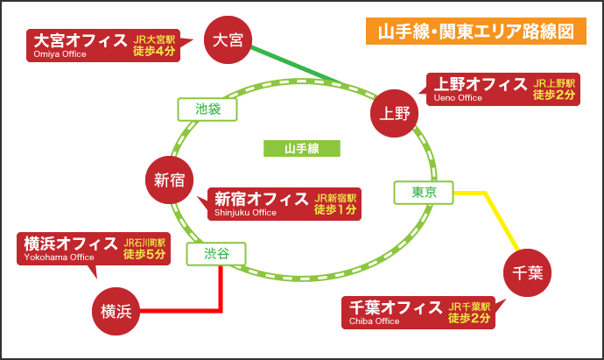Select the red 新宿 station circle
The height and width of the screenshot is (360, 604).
(x=169, y=179)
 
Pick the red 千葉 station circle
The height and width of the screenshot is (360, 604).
(x=528, y=273)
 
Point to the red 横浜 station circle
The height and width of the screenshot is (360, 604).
(x=116, y=310)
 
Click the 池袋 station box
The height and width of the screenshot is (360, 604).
(x=208, y=109)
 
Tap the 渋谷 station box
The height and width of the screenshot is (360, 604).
(x=216, y=254)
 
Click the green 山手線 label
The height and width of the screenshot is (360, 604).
(x=302, y=148)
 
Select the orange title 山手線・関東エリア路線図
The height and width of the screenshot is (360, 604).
(x=475, y=32)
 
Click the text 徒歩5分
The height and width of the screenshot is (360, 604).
(x=144, y=254)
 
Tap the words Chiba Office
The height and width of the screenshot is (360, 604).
(x=375, y=321)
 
